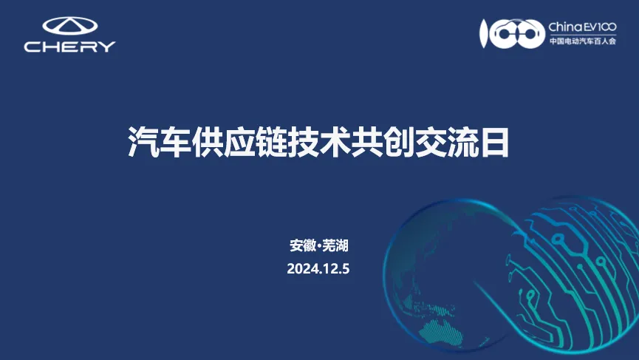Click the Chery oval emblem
click(x=70, y=26)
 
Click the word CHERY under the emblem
click(x=69, y=47)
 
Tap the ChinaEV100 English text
click(x=582, y=27)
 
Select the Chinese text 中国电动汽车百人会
click(x=582, y=41)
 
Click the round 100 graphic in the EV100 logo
click(x=512, y=34)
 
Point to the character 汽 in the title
click(x=143, y=142)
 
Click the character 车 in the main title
click(x=175, y=142)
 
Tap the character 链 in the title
click(x=270, y=142)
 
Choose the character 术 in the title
click(x=334, y=142)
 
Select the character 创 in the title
click(x=397, y=142)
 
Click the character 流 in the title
click(x=461, y=142)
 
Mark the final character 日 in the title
click(x=494, y=142)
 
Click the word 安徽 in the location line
click(x=303, y=245)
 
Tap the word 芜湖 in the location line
click(x=335, y=245)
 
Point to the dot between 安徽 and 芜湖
click(x=319, y=246)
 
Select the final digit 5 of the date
click(x=346, y=269)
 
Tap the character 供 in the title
click(x=207, y=142)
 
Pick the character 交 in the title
click(x=429, y=142)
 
